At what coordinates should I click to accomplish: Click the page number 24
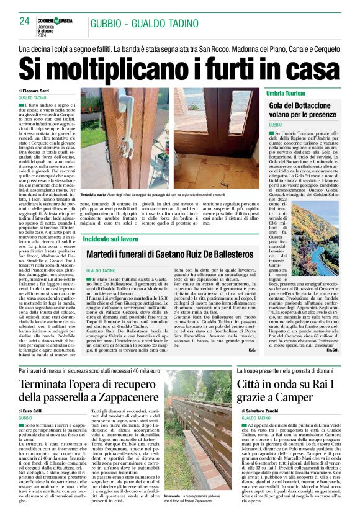pyautogui.click(x=25, y=21)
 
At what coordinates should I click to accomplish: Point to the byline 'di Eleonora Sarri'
pyautogui.click(x=37, y=91)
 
